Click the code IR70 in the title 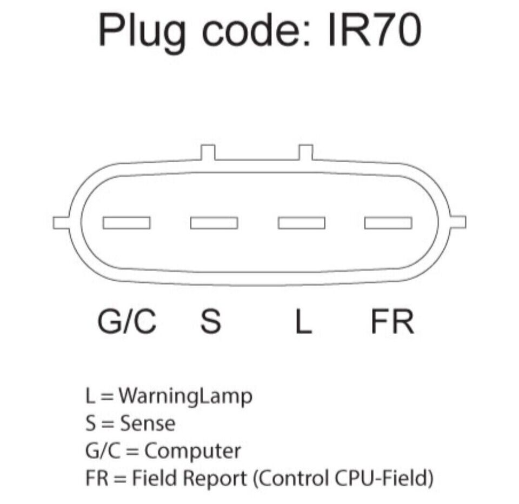click(x=375, y=30)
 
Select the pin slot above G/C click(x=127, y=223)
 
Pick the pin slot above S click(x=214, y=223)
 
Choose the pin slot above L click(x=302, y=223)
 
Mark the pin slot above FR click(x=388, y=223)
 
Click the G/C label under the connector click(x=127, y=321)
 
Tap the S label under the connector click(x=210, y=321)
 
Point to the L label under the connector click(x=303, y=321)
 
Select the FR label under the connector click(x=392, y=321)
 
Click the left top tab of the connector click(x=208, y=152)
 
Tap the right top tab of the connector click(x=306, y=152)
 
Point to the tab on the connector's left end click(x=61, y=223)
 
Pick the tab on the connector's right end click(x=457, y=222)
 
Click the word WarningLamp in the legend click(x=185, y=396)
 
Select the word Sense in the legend click(x=148, y=423)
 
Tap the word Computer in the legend click(x=192, y=452)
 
